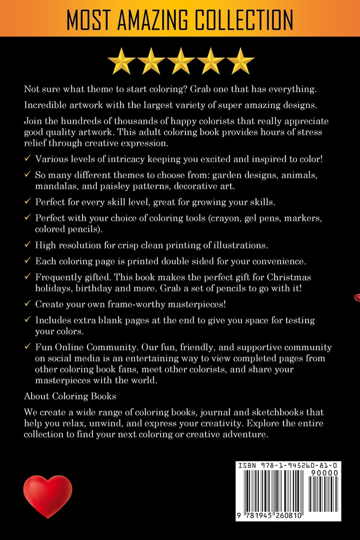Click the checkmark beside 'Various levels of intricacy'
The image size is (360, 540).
28,159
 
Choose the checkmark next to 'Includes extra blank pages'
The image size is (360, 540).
28,321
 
